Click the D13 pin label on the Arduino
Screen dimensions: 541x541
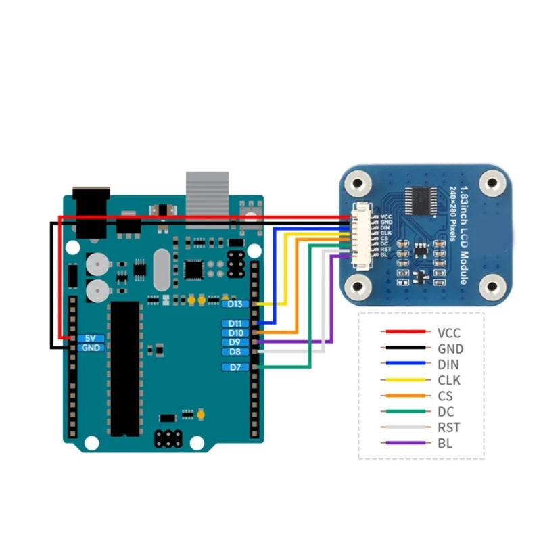pos(235,304)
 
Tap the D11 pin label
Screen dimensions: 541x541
pos(235,324)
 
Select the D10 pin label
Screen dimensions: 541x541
pos(235,333)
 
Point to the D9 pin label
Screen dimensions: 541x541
pos(235,343)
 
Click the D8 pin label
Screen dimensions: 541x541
pos(235,352)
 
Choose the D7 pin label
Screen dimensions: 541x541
pos(235,367)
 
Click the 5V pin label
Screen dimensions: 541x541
pos(91,337)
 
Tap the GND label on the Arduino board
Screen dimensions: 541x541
pos(91,348)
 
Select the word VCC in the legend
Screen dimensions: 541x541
pos(450,333)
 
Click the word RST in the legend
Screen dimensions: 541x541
pos(449,427)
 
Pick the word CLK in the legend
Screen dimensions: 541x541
pos(449,381)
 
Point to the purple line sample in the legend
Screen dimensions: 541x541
pos(404,443)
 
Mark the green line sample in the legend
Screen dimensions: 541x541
pos(404,412)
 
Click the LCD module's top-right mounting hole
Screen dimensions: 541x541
pos(492,181)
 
